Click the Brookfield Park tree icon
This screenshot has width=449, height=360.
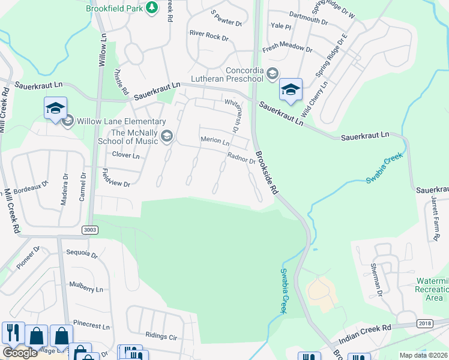pyautogui.click(x=152, y=7)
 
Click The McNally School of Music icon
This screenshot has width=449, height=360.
pyautogui.click(x=166, y=137)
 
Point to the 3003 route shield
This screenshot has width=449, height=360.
pyautogui.click(x=90, y=230)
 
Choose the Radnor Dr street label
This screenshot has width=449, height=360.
pyautogui.click(x=241, y=157)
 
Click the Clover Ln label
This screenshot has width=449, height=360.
pyautogui.click(x=126, y=155)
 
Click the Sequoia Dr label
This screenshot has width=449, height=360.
pyautogui.click(x=82, y=254)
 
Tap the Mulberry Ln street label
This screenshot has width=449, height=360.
pyautogui.click(x=86, y=289)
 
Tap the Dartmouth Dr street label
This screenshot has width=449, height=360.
pyautogui.click(x=308, y=22)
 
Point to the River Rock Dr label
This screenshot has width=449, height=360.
pyautogui.click(x=209, y=37)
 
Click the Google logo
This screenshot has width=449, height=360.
pyautogui.click(x=20, y=353)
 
